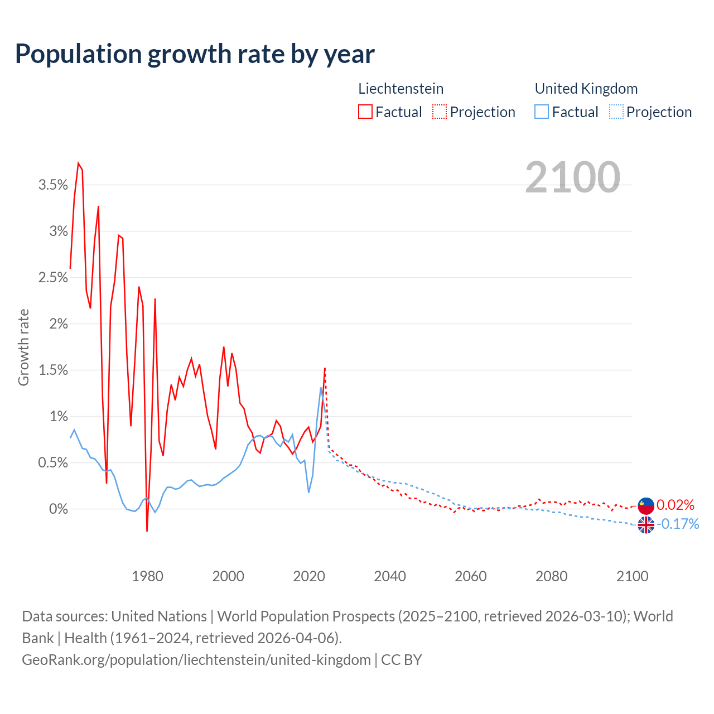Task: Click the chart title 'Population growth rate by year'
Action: pos(195,54)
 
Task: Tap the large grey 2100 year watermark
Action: pos(572,177)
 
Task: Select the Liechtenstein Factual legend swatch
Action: pos(365,112)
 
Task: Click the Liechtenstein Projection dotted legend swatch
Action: pos(440,112)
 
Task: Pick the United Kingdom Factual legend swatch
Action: pos(542,112)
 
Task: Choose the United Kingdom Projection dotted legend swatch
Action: pos(616,112)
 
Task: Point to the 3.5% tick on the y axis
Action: pos(53,185)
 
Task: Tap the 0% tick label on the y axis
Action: pos(58,509)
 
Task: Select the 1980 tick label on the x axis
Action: pos(147,576)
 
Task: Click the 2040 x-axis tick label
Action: pos(390,576)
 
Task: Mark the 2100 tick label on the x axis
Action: pos(632,576)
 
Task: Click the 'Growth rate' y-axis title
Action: pos(23,347)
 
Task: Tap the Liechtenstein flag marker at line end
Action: pos(646,505)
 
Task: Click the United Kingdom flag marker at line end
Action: pos(646,525)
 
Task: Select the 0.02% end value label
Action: pos(676,505)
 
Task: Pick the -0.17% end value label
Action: pos(678,524)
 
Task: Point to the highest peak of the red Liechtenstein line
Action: pos(79,163)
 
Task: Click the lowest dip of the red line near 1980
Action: pos(147,530)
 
